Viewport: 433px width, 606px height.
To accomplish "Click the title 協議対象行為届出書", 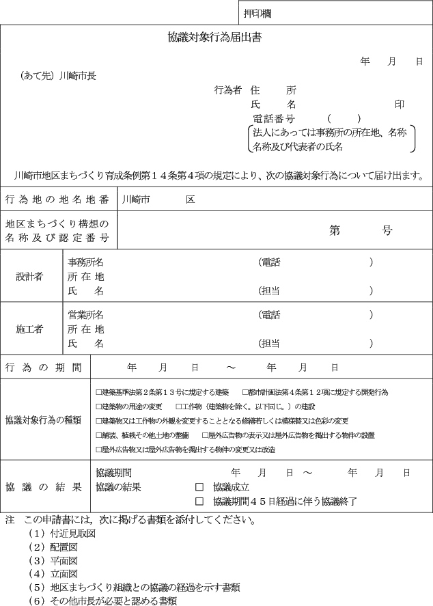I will [x=215, y=38].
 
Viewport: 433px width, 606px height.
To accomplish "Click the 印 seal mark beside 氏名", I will [x=400, y=105].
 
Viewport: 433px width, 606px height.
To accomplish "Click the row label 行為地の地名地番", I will [x=57, y=199].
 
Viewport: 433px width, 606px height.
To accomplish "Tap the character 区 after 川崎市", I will [x=190, y=199].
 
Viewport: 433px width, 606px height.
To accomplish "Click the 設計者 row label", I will [x=29, y=276].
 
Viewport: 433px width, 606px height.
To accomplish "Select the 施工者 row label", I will [x=29, y=329].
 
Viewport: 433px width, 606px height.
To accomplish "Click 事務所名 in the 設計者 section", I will [x=85, y=262].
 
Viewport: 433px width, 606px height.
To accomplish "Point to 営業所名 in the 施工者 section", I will [x=85, y=315].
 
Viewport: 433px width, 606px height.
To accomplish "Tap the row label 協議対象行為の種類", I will [x=44, y=419].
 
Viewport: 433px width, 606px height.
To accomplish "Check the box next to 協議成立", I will [x=199, y=487].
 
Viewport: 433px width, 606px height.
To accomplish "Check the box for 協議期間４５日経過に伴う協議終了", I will [x=199, y=501].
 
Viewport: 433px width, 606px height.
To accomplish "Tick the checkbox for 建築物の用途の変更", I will [x=99, y=407].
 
